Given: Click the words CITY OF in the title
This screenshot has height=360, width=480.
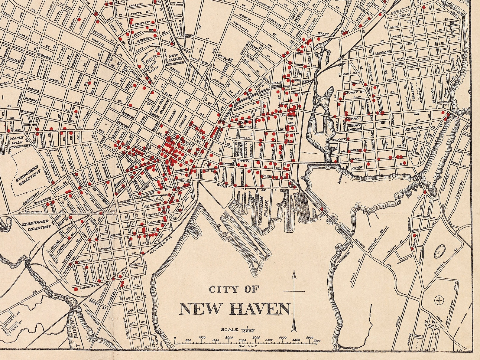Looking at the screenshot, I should (234, 290).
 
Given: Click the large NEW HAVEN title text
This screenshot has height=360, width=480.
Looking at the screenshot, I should (235, 309).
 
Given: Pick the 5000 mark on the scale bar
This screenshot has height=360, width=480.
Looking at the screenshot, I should (310, 338).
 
